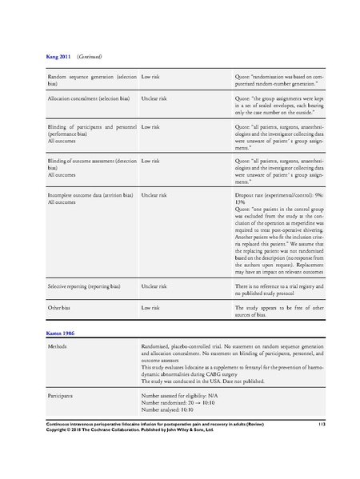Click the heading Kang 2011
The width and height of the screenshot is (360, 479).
(58, 57)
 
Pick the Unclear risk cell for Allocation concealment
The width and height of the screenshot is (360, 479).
(154, 98)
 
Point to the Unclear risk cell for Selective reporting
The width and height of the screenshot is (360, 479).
(154, 285)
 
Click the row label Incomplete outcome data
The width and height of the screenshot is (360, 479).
(90, 194)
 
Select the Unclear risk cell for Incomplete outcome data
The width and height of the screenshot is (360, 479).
(154, 194)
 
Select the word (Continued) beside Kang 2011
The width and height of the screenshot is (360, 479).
(89, 57)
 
